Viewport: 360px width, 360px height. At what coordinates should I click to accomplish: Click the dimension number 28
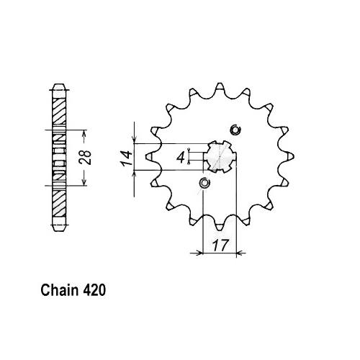coord(86,158)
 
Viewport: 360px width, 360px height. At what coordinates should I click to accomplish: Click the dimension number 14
coord(127,158)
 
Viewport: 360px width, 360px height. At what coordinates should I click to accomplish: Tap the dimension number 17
coord(220,245)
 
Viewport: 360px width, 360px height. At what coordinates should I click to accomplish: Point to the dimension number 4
coord(181,158)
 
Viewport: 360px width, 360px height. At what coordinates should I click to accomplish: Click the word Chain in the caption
coord(60,290)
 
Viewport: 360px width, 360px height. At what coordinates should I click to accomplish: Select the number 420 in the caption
coord(94,290)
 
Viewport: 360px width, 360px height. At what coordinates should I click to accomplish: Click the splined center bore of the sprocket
coord(220,156)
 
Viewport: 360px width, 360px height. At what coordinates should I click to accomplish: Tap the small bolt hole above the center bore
coord(235,130)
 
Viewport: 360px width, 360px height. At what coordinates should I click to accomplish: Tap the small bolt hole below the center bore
coord(204,183)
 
